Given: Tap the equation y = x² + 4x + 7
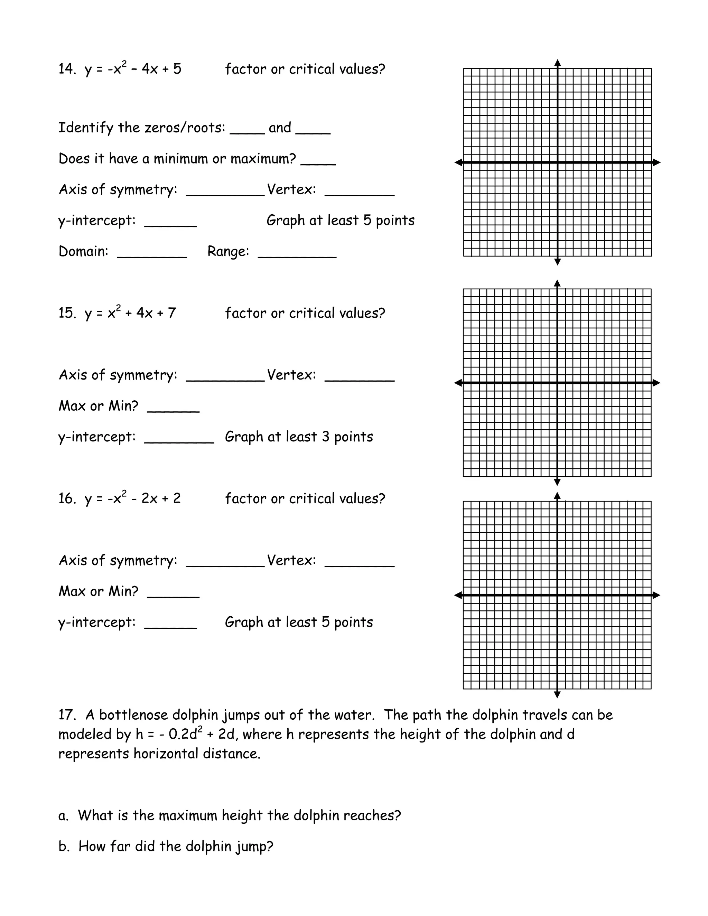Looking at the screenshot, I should [130, 313].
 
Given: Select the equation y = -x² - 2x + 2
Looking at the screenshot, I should [132, 499].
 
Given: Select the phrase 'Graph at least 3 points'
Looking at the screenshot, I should [299, 437].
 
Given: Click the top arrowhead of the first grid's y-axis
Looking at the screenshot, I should [557, 63].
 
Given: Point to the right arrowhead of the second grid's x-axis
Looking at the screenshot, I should [656, 383].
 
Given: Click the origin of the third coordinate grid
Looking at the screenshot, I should [557, 595].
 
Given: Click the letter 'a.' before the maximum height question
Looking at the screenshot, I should [63, 815].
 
